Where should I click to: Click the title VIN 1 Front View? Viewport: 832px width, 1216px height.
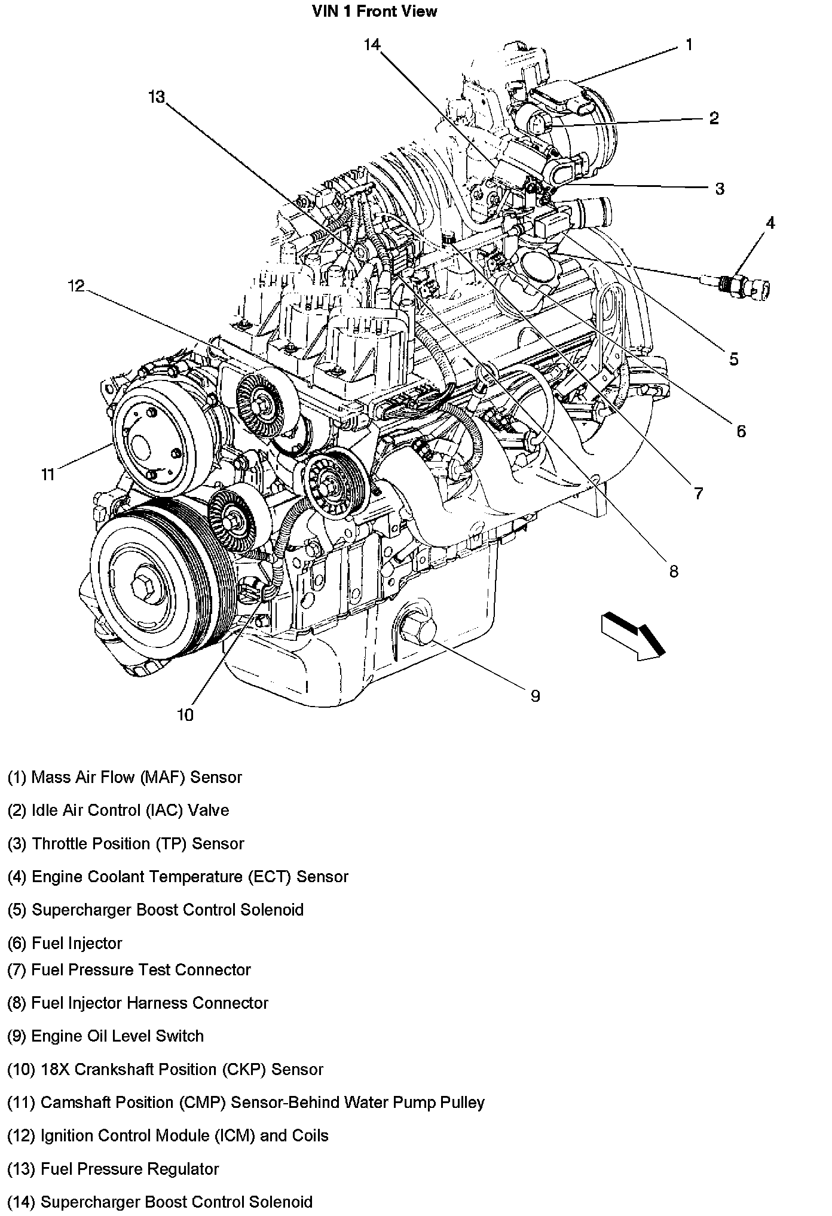point(374,11)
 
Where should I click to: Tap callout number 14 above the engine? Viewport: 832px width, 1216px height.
point(372,45)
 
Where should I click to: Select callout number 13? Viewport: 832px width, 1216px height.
point(157,97)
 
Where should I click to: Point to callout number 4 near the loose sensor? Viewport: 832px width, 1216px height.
point(770,223)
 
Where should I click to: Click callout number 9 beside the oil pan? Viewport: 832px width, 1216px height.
point(535,695)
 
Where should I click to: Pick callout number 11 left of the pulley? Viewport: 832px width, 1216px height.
point(48,475)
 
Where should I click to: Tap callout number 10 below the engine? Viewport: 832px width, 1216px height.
point(185,715)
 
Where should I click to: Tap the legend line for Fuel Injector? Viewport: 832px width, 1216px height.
point(65,943)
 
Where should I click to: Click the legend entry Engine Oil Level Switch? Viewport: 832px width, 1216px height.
point(105,1036)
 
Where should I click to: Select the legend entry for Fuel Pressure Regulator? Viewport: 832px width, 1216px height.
point(113,1169)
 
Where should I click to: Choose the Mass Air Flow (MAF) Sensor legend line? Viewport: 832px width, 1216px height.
point(124,777)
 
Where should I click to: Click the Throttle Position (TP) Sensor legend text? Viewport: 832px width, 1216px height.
point(126,843)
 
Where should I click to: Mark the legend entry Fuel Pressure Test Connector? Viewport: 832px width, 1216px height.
point(129,969)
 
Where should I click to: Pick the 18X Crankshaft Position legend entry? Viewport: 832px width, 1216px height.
point(165,1069)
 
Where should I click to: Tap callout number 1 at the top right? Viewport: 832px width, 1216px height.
point(689,45)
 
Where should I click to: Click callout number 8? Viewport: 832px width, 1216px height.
point(674,572)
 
